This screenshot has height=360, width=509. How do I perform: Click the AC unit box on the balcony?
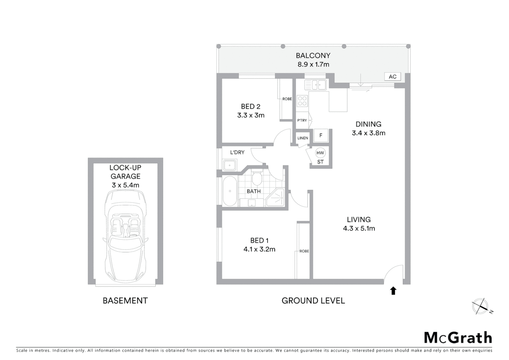(x=392, y=77)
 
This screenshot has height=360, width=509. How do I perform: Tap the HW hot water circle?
(x=320, y=153)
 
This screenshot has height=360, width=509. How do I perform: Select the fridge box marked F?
(x=321, y=136)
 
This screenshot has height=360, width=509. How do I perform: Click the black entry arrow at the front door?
(x=393, y=291)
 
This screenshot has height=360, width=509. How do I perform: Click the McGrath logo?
(x=458, y=338)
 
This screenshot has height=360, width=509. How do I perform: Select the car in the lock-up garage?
(x=125, y=236)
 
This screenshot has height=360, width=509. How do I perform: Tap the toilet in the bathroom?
(x=257, y=178)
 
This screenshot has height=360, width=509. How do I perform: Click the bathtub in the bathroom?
(x=230, y=191)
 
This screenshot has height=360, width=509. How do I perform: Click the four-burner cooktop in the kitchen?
(x=302, y=101)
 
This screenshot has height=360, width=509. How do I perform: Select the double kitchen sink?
(x=315, y=85)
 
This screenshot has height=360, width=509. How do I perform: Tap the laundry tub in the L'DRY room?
(x=230, y=165)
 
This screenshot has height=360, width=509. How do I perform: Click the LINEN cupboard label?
(x=302, y=138)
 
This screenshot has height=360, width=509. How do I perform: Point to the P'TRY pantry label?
(x=302, y=120)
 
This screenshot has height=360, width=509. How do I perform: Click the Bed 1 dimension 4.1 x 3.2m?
(x=259, y=249)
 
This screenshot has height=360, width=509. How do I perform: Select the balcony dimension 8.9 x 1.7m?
(x=313, y=64)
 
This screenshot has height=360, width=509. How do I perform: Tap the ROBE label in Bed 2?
(x=287, y=99)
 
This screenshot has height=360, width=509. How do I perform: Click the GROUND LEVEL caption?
(x=313, y=301)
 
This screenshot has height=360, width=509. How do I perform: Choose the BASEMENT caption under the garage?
(x=125, y=301)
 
